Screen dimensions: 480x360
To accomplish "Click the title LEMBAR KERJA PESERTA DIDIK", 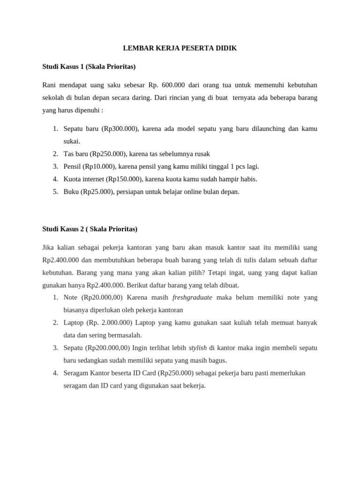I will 180,48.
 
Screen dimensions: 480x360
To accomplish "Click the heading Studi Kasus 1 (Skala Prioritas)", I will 89,67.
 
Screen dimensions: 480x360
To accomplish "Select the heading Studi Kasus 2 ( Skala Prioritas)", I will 90,229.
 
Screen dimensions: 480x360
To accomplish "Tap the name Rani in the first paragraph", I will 49,85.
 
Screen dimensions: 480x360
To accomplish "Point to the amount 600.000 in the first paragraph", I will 174,85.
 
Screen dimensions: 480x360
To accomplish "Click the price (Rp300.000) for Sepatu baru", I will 119,128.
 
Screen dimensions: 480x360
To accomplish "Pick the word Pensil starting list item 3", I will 72,166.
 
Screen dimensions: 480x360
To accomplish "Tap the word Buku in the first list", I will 71,192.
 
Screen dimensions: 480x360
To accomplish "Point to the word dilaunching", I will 270,128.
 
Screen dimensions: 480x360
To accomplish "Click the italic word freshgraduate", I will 192,297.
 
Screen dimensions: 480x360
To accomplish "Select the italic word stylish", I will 198,348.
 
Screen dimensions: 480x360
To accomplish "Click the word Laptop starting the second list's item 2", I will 74,322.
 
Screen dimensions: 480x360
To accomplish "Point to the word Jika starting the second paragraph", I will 48,247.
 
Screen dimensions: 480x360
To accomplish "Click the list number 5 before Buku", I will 55,192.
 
